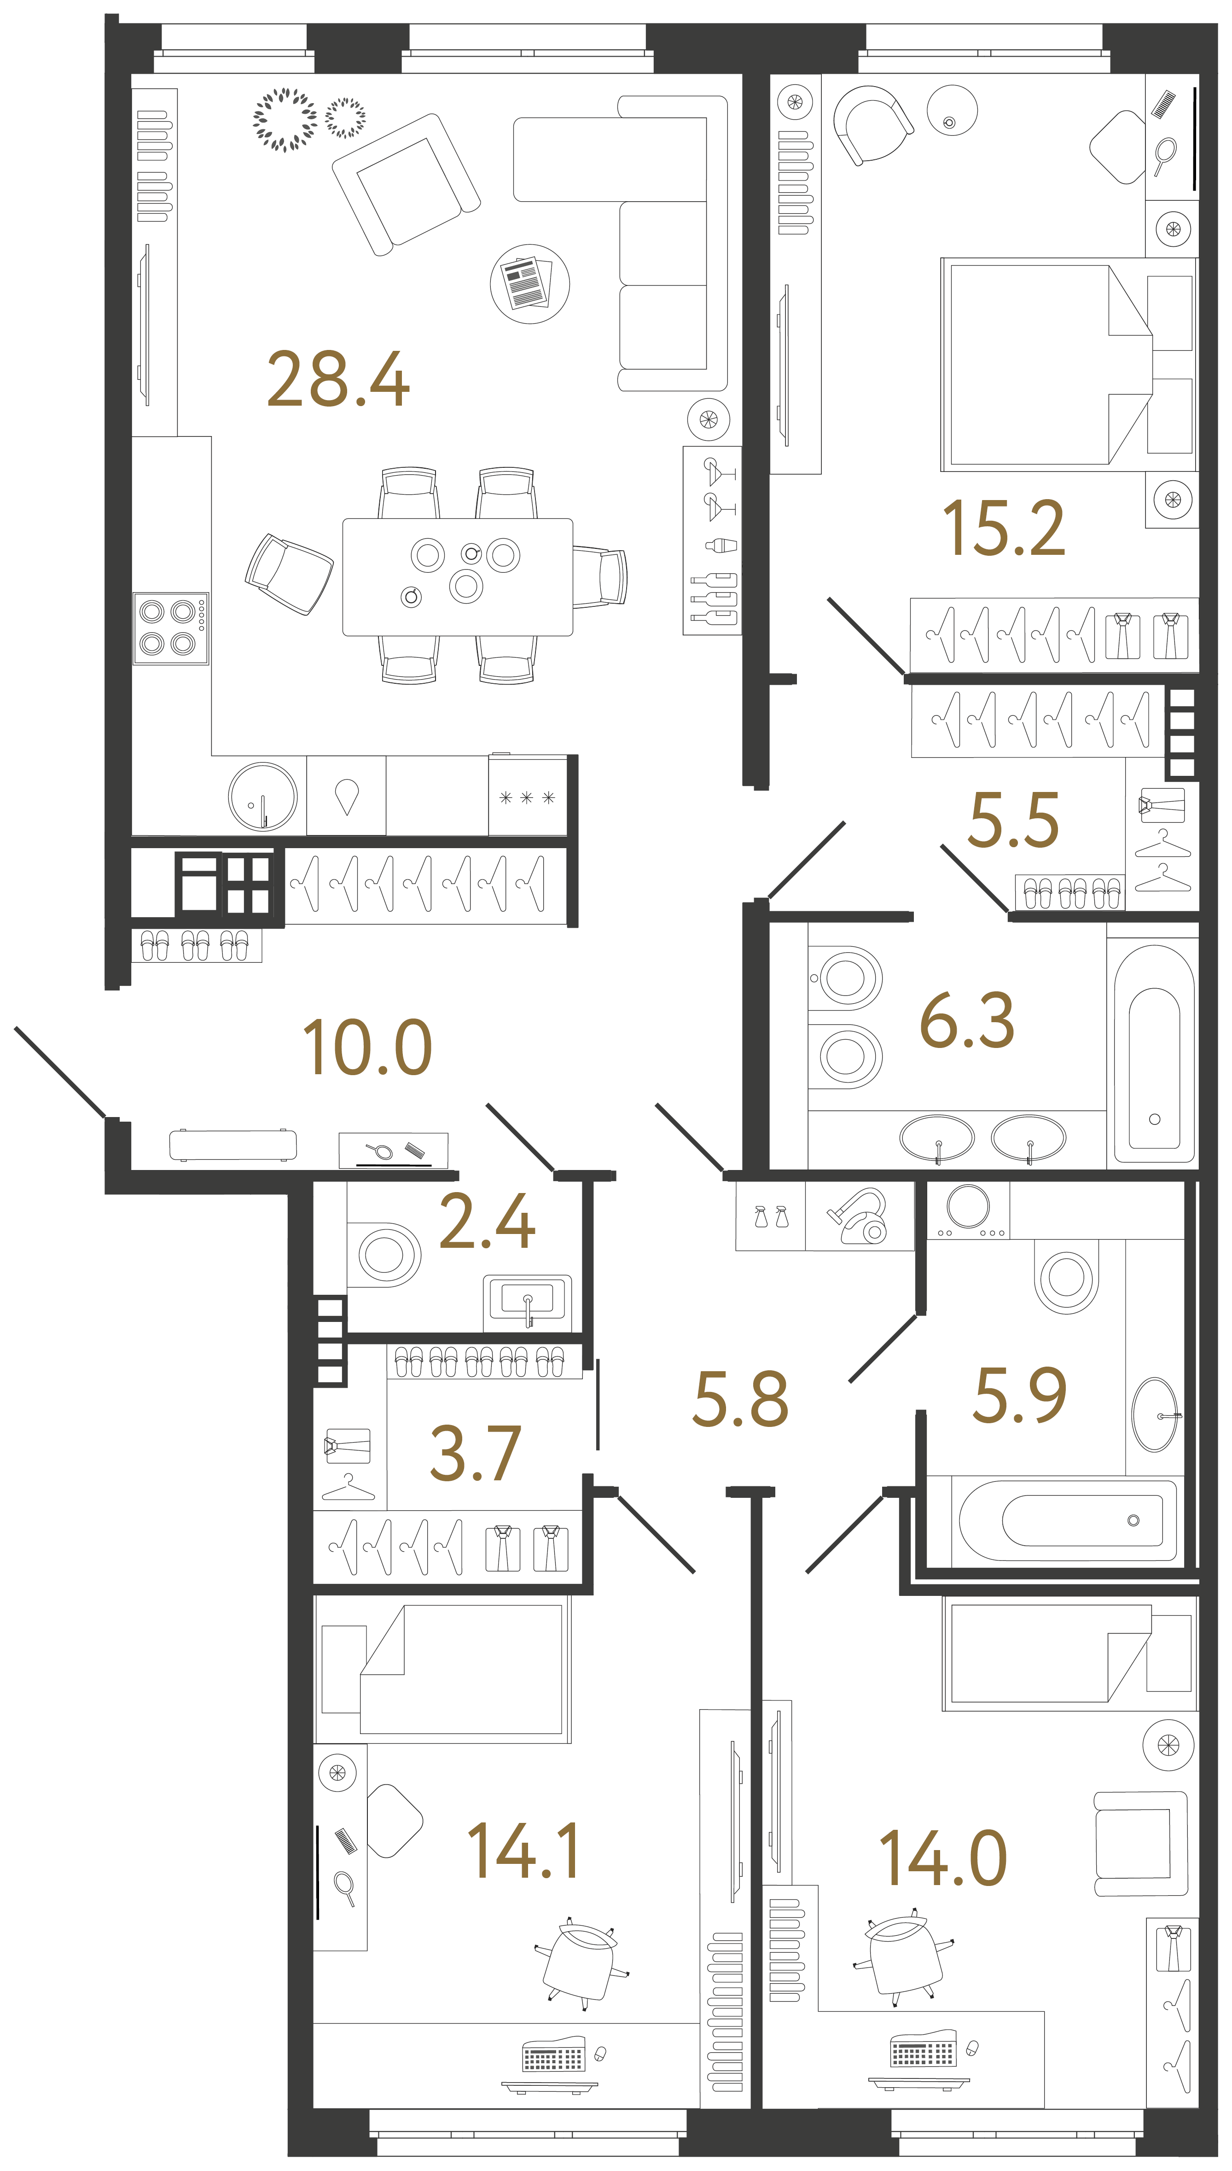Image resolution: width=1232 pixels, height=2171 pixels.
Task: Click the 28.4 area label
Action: [338, 379]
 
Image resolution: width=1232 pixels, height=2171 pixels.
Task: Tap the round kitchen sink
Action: [262, 797]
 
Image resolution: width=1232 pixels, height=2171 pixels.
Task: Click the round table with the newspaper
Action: [530, 284]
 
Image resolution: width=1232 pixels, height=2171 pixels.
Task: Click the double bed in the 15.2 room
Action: [1049, 366]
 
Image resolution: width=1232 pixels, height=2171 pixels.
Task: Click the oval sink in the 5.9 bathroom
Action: [1154, 1414]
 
